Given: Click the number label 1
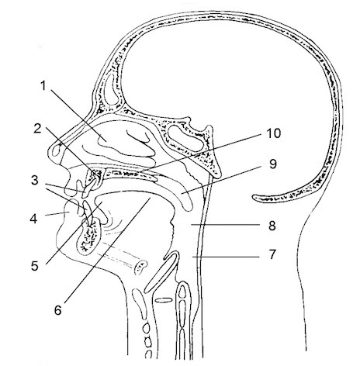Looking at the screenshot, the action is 43,86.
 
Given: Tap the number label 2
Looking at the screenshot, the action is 38,129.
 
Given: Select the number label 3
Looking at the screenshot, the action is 35,181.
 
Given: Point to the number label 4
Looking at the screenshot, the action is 33,219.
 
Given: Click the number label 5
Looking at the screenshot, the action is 35,266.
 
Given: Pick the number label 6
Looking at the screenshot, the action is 58,310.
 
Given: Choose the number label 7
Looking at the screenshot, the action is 272,255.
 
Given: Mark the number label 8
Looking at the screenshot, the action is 272,226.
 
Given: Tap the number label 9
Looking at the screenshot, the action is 273,164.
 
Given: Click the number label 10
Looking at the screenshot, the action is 274,133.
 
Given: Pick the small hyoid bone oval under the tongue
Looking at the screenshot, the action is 141,267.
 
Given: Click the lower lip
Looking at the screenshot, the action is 67,211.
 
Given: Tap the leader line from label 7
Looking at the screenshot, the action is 226,257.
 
